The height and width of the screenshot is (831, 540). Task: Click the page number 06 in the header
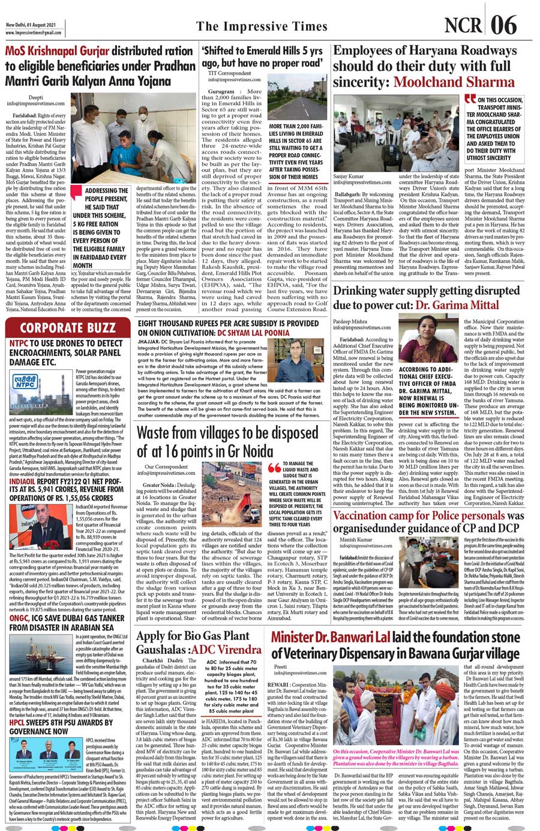503,25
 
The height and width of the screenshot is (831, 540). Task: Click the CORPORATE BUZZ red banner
67,328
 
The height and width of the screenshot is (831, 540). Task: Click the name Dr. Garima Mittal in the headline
457,305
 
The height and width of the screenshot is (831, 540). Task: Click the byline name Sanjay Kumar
348,177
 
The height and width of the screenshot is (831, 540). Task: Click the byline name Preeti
280,666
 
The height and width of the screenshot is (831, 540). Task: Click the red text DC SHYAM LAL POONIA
253,332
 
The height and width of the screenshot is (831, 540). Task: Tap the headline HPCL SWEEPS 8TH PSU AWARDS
61,727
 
